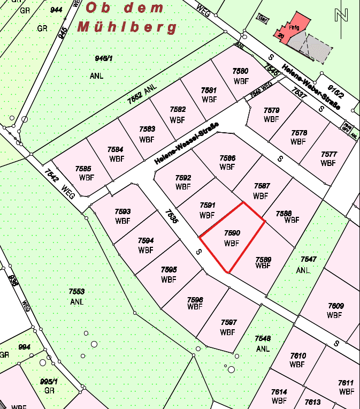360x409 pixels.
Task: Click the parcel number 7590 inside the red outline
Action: click(232, 233)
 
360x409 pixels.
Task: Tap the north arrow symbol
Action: click(340, 15)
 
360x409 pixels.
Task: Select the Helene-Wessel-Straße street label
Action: click(186, 143)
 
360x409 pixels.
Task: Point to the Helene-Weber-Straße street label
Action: click(311, 88)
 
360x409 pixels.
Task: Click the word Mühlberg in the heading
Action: click(127, 27)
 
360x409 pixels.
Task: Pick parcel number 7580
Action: click(240, 71)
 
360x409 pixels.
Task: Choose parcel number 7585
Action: click(83, 169)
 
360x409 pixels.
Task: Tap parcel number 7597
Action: click(228, 322)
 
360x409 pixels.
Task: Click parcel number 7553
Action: click(76, 292)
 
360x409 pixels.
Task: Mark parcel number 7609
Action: click(336, 306)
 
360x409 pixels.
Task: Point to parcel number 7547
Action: click(309, 260)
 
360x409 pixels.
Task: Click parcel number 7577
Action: click(328, 154)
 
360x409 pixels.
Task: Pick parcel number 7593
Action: click(122, 211)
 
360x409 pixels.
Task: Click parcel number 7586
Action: click(227, 158)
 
